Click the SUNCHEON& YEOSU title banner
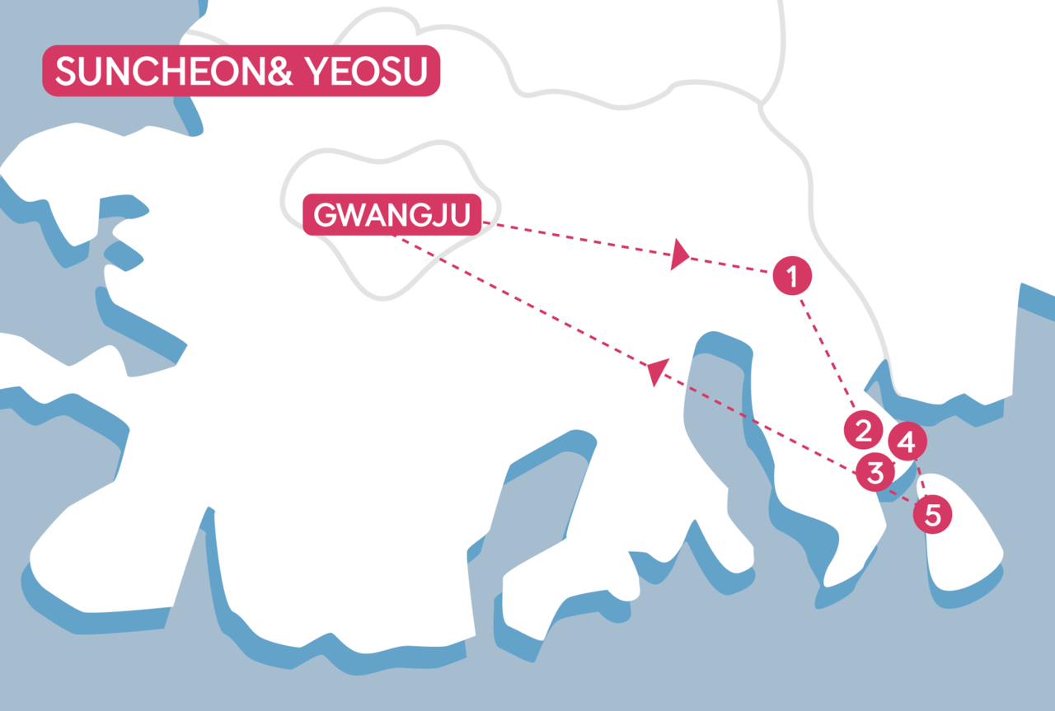[241, 73]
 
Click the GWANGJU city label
[392, 215]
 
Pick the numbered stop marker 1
[792, 276]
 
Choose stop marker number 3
[874, 473]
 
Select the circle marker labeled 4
[906, 442]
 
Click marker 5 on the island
[932, 515]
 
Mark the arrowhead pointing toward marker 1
[679, 255]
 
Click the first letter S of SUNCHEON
[66, 73]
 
